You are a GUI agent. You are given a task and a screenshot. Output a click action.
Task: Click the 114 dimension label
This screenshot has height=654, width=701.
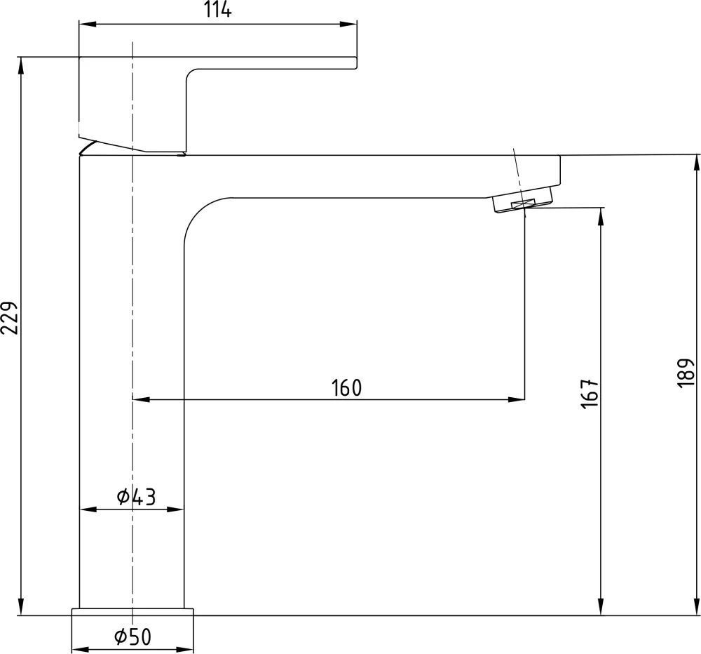click(218, 10)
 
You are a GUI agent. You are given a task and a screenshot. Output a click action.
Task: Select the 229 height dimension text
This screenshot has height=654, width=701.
click(10, 318)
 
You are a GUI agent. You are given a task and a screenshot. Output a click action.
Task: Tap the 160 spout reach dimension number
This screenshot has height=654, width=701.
click(346, 388)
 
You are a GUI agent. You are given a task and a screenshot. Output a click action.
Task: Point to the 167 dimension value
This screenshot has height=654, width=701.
click(590, 394)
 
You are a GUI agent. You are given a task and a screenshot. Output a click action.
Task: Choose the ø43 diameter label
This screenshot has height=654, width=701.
click(137, 496)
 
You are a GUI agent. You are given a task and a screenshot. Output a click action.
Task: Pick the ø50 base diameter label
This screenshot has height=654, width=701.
click(132, 637)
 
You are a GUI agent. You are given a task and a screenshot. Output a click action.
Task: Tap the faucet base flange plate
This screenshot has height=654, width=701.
click(132, 612)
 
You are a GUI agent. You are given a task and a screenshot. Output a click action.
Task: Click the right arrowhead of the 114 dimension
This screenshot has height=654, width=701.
click(348, 24)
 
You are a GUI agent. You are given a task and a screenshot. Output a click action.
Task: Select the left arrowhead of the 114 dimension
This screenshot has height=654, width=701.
click(88, 24)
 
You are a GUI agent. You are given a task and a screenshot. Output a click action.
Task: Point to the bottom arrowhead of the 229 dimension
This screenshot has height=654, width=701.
click(20, 606)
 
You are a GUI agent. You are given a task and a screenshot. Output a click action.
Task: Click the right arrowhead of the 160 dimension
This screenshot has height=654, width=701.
click(517, 399)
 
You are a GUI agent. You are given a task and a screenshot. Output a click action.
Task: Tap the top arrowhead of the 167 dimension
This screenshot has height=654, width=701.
click(601, 216)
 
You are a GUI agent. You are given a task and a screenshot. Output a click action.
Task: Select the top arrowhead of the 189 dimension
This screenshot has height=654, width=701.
click(696, 163)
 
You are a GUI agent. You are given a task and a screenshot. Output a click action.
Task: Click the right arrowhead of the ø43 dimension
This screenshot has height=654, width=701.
click(175, 509)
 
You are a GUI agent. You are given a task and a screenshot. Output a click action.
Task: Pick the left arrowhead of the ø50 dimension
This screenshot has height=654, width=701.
click(81, 649)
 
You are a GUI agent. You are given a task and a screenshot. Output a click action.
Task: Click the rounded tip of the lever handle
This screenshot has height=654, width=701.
click(356, 63)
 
